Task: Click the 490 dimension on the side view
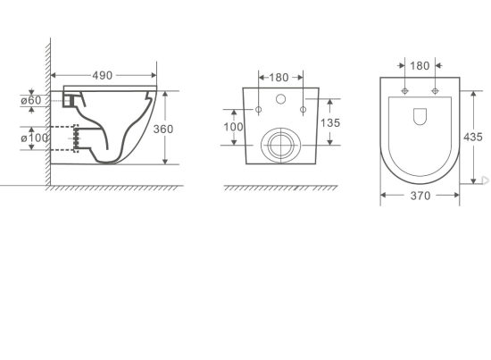pyautogui.click(x=104, y=75)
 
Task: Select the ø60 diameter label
pyautogui.click(x=33, y=100)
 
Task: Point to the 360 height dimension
pyautogui.click(x=162, y=129)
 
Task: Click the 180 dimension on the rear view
pyautogui.click(x=279, y=77)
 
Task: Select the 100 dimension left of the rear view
pyautogui.click(x=233, y=127)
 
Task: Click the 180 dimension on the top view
pyautogui.click(x=420, y=65)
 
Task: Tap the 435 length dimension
pyautogui.click(x=473, y=137)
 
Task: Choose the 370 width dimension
pyautogui.click(x=420, y=195)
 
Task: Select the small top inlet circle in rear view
pyautogui.click(x=279, y=98)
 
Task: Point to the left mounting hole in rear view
pyautogui.click(x=258, y=110)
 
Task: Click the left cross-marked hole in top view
pyautogui.click(x=405, y=91)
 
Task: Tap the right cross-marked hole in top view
pyautogui.click(x=435, y=91)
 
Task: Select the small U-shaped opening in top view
pyautogui.click(x=420, y=116)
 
